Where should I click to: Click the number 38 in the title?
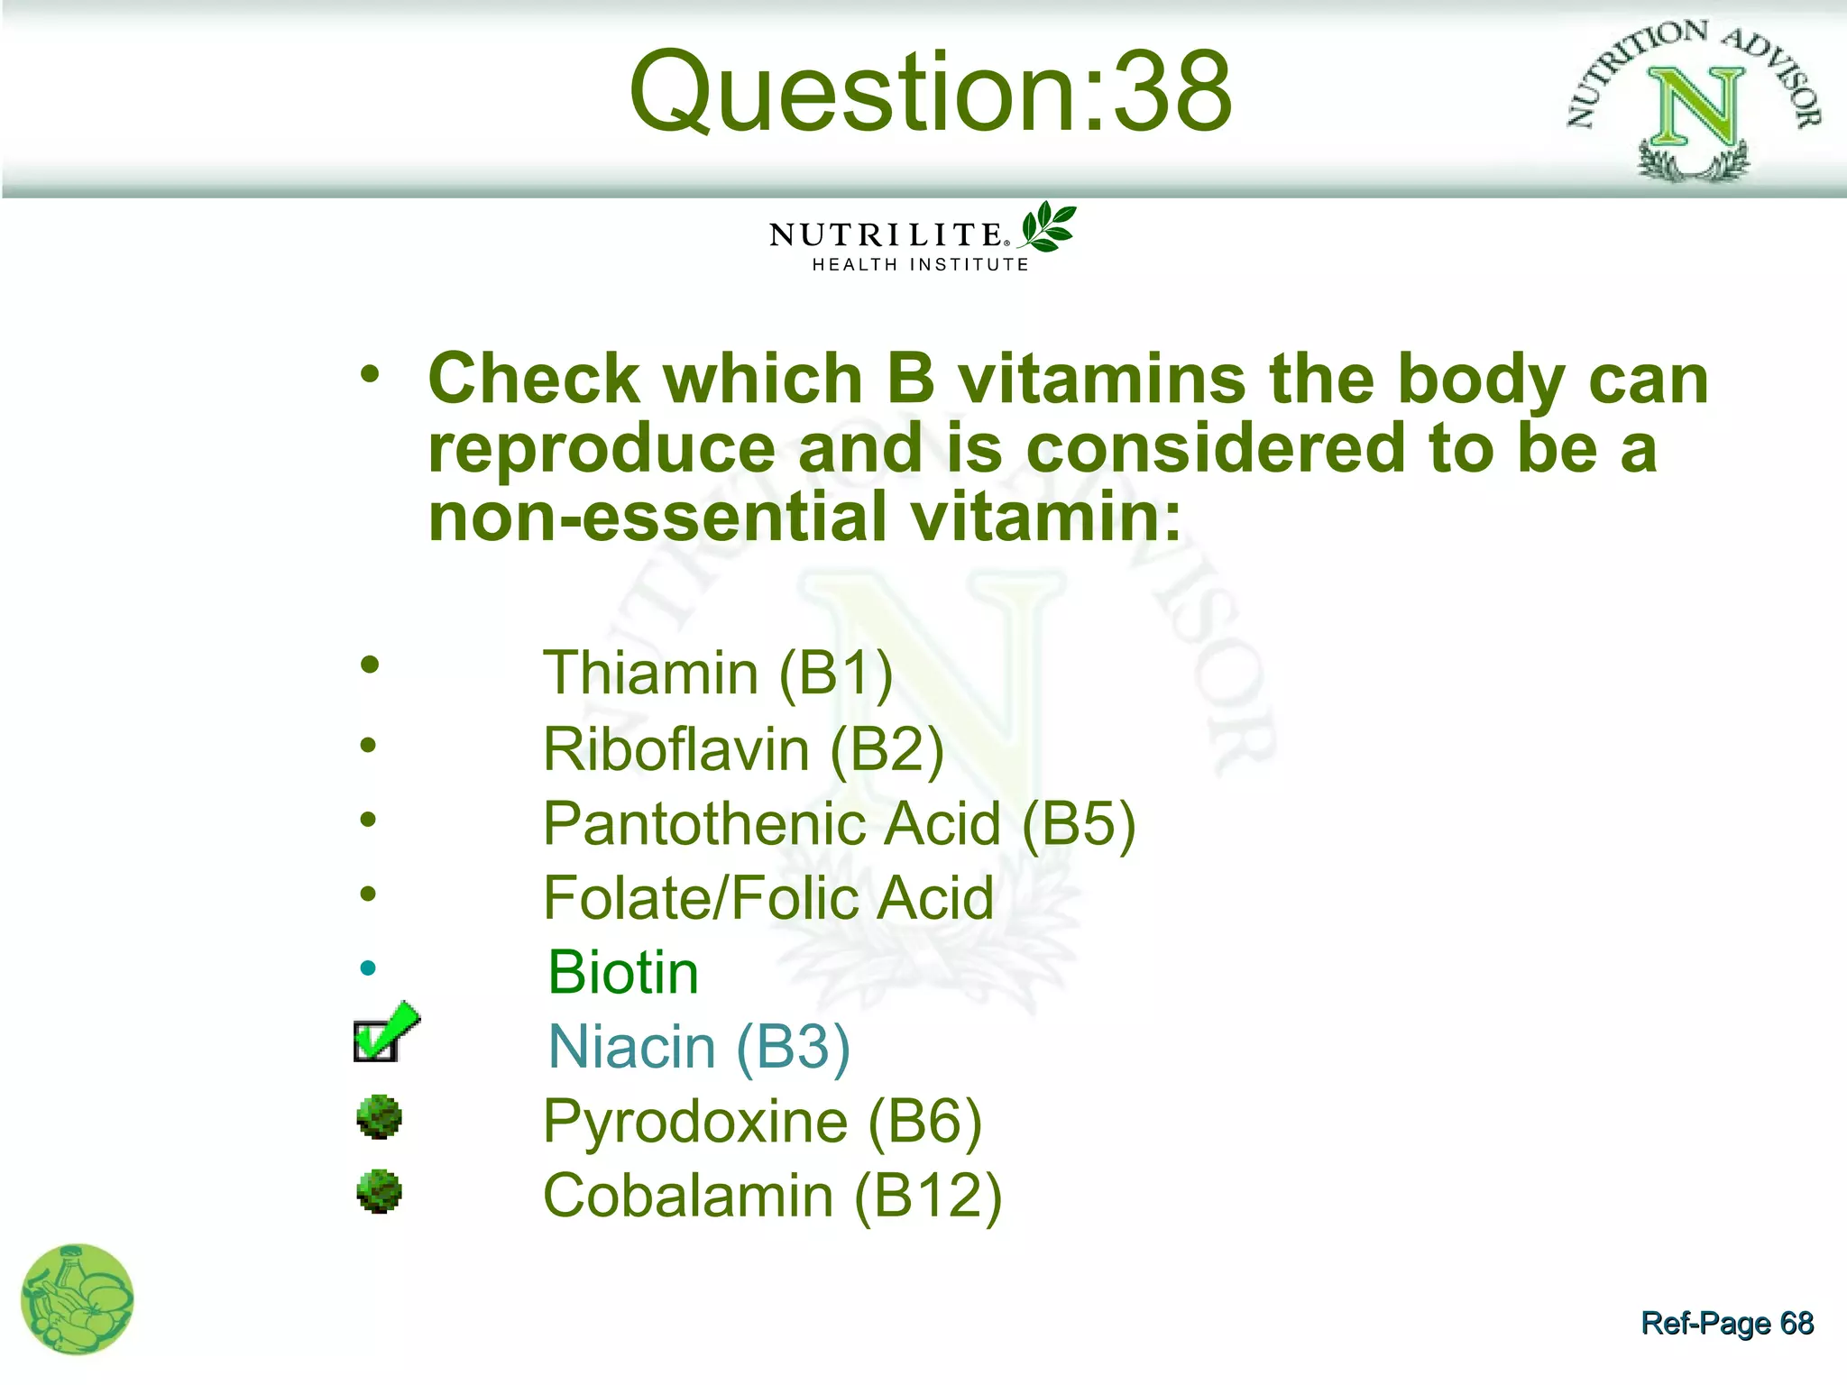pos(1172,92)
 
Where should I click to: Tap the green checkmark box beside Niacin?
pos(384,1035)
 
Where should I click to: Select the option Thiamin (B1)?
pos(718,674)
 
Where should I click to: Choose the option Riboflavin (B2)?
pos(743,749)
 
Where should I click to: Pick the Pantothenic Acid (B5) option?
pos(839,824)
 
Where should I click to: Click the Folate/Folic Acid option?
pos(768,899)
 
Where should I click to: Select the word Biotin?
pos(623,974)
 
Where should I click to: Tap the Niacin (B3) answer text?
pos(699,1048)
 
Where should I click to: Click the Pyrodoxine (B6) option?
pos(762,1123)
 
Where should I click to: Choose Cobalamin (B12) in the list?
pos(772,1197)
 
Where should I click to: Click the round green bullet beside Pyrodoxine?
pos(379,1117)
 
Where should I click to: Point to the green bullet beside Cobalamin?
pos(379,1192)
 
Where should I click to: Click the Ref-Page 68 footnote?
pos(1726,1323)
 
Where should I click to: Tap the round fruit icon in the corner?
pos(78,1299)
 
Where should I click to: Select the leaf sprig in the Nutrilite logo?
pos(1046,226)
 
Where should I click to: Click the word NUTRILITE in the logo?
pos(886,235)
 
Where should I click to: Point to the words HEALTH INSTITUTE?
pos(920,265)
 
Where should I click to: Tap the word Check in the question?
pos(534,379)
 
